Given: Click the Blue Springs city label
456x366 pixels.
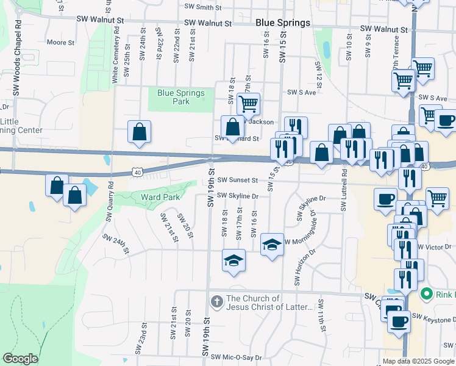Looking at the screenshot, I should click(x=282, y=23).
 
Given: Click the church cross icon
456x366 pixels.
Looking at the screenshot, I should click(x=216, y=301).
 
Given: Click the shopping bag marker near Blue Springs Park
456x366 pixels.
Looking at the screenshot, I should click(x=140, y=131).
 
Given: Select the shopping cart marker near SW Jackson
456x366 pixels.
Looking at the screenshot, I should click(x=248, y=104).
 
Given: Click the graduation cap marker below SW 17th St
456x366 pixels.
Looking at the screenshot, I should click(x=233, y=260).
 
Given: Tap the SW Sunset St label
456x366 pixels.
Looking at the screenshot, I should click(x=238, y=181).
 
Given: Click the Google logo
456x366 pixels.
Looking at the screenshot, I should click(x=21, y=359).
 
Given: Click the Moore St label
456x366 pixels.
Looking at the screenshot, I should click(x=60, y=43).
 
